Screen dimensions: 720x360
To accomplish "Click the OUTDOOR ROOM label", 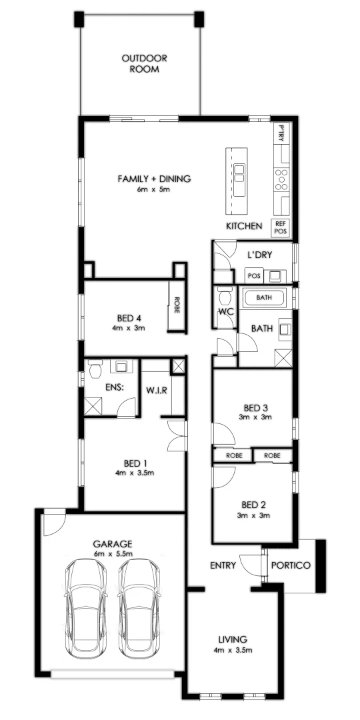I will coord(144,63).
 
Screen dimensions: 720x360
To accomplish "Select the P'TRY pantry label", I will coord(281,133).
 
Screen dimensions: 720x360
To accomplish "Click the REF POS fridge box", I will coord(281,228).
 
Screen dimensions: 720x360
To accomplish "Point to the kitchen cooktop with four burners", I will coord(281,178).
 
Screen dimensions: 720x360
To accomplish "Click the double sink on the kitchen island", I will coord(239,173).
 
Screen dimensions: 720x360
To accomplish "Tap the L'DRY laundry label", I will coord(257,255).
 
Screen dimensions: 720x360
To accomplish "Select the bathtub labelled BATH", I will coord(265,297).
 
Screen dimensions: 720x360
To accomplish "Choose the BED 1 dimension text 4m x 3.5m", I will coord(135,473).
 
